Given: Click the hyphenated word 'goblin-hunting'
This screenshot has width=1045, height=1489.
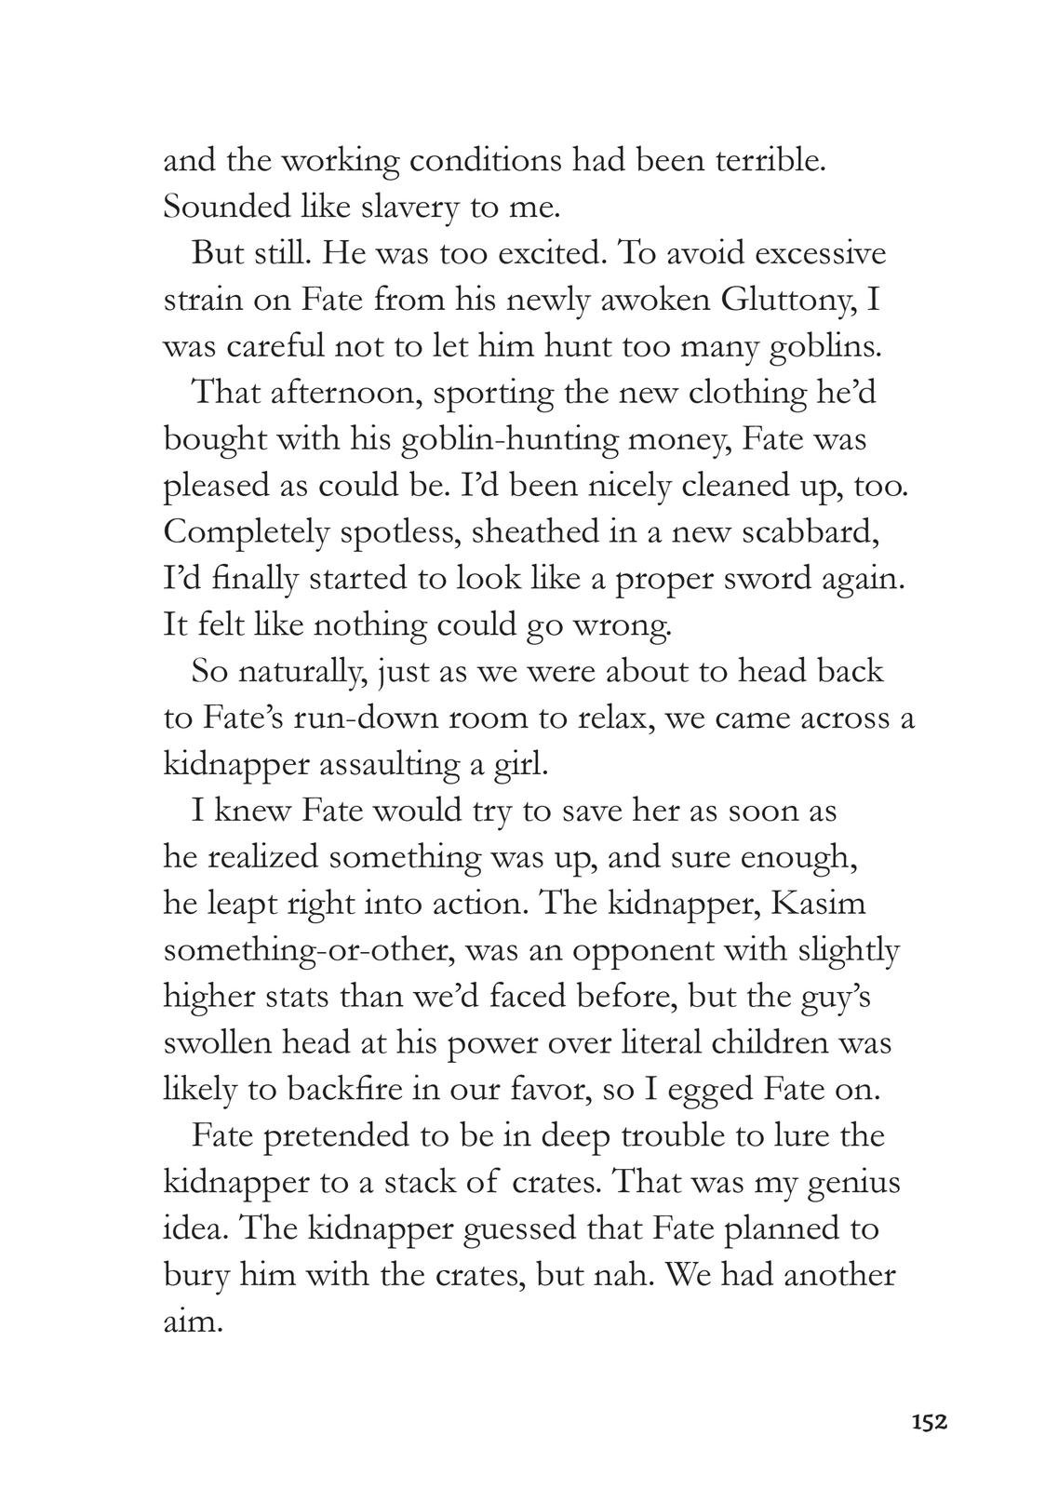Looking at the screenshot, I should point(510,439).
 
